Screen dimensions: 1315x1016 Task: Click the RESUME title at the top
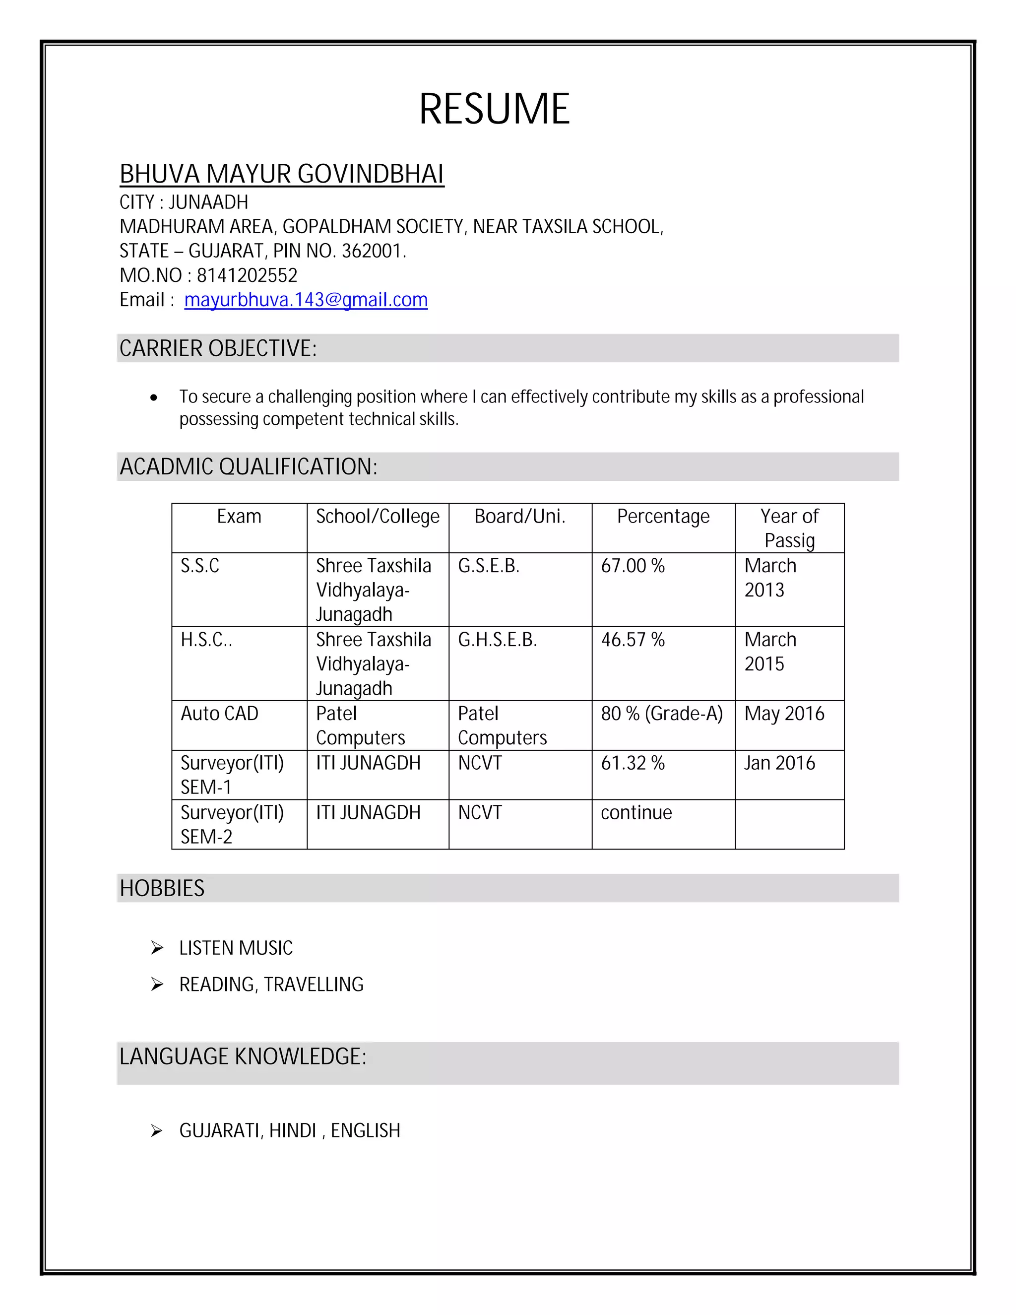(x=494, y=109)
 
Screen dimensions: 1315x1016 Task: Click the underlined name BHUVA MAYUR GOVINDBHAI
(x=281, y=174)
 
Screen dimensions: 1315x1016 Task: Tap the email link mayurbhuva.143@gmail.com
(x=306, y=300)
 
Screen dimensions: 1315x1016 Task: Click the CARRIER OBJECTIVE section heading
(x=218, y=348)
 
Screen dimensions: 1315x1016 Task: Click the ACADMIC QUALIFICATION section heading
(x=248, y=466)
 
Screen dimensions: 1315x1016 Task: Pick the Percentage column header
(x=663, y=517)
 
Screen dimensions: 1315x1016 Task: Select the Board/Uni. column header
(x=519, y=517)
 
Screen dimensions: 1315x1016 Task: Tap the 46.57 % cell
(x=633, y=640)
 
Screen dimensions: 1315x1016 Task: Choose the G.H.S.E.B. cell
(x=497, y=640)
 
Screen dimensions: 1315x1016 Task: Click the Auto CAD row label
(x=219, y=714)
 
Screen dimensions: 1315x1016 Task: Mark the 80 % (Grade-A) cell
(x=661, y=714)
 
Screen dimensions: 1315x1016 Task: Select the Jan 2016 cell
(x=779, y=763)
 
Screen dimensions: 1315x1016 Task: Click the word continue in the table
(x=635, y=812)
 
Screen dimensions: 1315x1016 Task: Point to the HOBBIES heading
(x=162, y=888)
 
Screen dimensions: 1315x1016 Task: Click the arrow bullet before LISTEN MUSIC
(x=157, y=948)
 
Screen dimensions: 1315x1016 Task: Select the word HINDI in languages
(x=293, y=1131)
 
